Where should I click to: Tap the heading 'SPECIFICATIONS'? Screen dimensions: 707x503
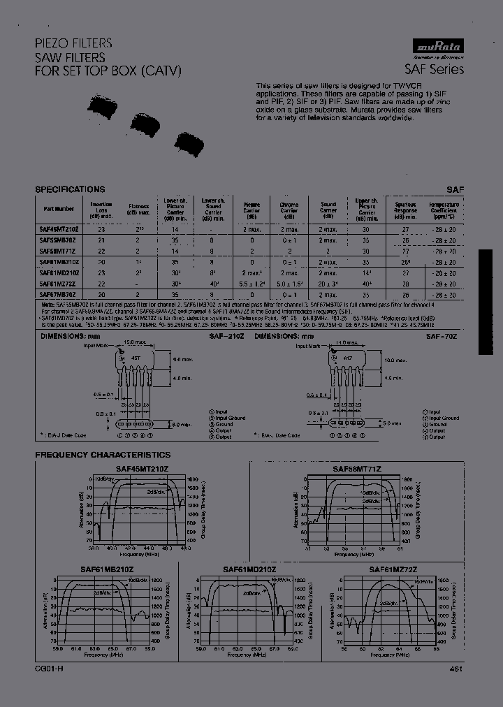(70, 189)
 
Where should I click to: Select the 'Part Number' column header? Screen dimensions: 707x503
(59, 208)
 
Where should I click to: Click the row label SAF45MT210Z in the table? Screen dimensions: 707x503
(59, 229)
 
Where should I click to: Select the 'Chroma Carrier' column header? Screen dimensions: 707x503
(289, 208)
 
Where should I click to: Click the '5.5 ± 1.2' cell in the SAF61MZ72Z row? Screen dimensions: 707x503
(251, 284)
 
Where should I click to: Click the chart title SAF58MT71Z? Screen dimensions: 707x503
(356, 469)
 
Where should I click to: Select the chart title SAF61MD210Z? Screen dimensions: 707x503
(249, 569)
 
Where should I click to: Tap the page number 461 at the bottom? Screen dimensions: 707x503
(455, 669)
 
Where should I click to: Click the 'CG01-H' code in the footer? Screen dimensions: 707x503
(48, 669)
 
